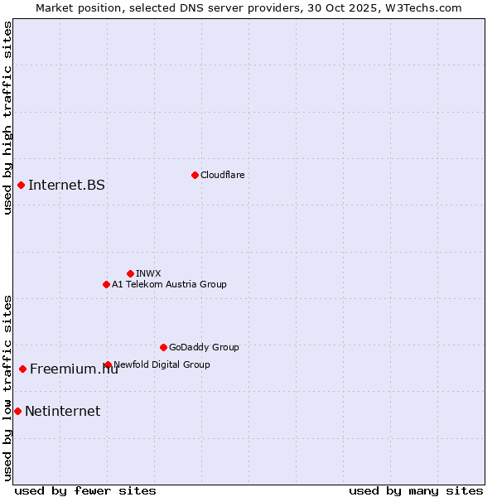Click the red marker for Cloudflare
click(195, 175)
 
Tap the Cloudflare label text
click(222, 175)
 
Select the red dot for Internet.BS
click(21, 185)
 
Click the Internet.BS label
click(66, 185)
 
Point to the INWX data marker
click(130, 273)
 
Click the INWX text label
click(148, 273)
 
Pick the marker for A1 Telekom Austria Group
click(106, 284)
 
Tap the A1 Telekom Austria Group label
click(169, 284)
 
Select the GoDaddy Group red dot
click(163, 347)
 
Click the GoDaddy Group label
click(204, 347)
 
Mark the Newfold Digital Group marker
click(108, 364)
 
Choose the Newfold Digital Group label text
click(162, 364)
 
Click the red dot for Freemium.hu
click(22, 369)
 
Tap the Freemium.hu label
click(74, 369)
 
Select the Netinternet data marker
click(17, 411)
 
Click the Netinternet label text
click(62, 411)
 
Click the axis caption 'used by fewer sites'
click(85, 490)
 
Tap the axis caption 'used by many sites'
click(416, 490)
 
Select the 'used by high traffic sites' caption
click(7, 118)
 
